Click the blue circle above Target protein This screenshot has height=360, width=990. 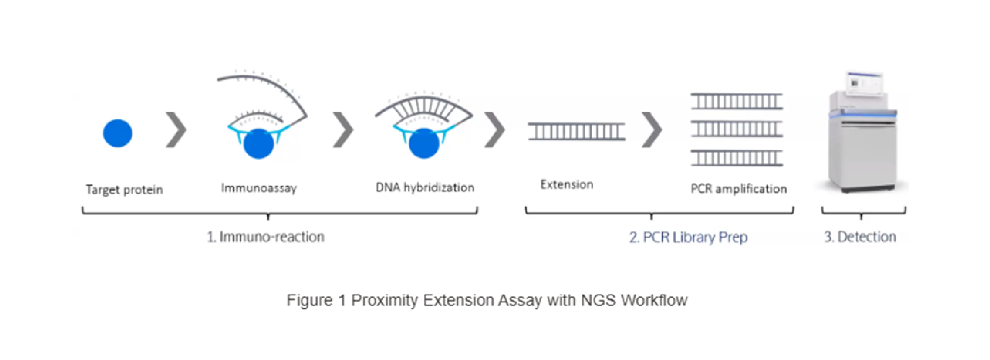117,133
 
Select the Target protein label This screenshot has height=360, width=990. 124,189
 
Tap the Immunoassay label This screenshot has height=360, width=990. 259,188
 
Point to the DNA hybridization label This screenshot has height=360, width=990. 424,187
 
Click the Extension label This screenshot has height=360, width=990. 566,184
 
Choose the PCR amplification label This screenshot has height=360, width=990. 738,188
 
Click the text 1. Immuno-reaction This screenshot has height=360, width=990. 266,236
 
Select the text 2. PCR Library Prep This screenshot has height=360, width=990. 688,237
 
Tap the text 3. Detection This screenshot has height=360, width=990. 860,236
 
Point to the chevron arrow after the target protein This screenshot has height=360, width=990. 176,130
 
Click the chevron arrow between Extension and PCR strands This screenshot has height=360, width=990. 652,130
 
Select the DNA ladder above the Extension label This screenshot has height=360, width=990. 576,132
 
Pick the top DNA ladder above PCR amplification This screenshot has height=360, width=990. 737,101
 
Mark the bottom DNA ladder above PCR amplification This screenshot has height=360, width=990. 737,158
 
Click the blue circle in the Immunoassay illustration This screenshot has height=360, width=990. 258,143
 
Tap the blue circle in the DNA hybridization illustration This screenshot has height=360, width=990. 424,143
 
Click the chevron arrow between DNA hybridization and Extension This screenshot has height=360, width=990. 494,130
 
